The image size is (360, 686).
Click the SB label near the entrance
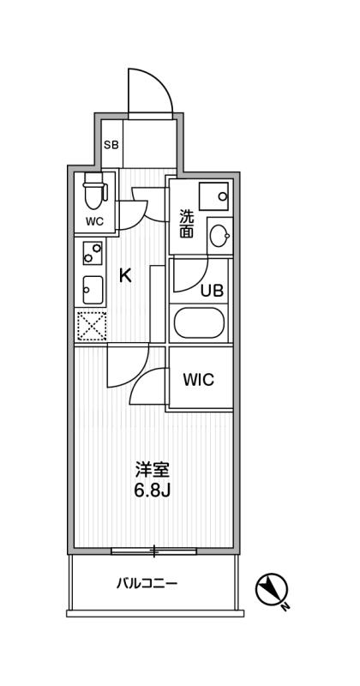[111, 145]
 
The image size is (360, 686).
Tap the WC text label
[94, 221]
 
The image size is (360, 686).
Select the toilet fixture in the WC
[94, 190]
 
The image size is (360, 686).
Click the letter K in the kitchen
[125, 275]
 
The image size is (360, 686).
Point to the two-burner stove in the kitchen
[93, 253]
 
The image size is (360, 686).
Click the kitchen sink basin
[93, 290]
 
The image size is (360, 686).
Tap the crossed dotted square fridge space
[92, 325]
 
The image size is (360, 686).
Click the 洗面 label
[186, 224]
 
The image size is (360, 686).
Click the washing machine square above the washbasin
[213, 196]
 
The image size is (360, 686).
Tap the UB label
[213, 290]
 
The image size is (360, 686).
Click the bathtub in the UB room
[199, 323]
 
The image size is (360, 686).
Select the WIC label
[199, 379]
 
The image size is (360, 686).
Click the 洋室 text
[152, 471]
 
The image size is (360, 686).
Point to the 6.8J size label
[152, 490]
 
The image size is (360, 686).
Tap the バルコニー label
[147, 583]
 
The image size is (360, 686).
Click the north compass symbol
[271, 589]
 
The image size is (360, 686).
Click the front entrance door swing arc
[162, 83]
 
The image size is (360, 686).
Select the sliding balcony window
[154, 551]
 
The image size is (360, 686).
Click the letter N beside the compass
[286, 607]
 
